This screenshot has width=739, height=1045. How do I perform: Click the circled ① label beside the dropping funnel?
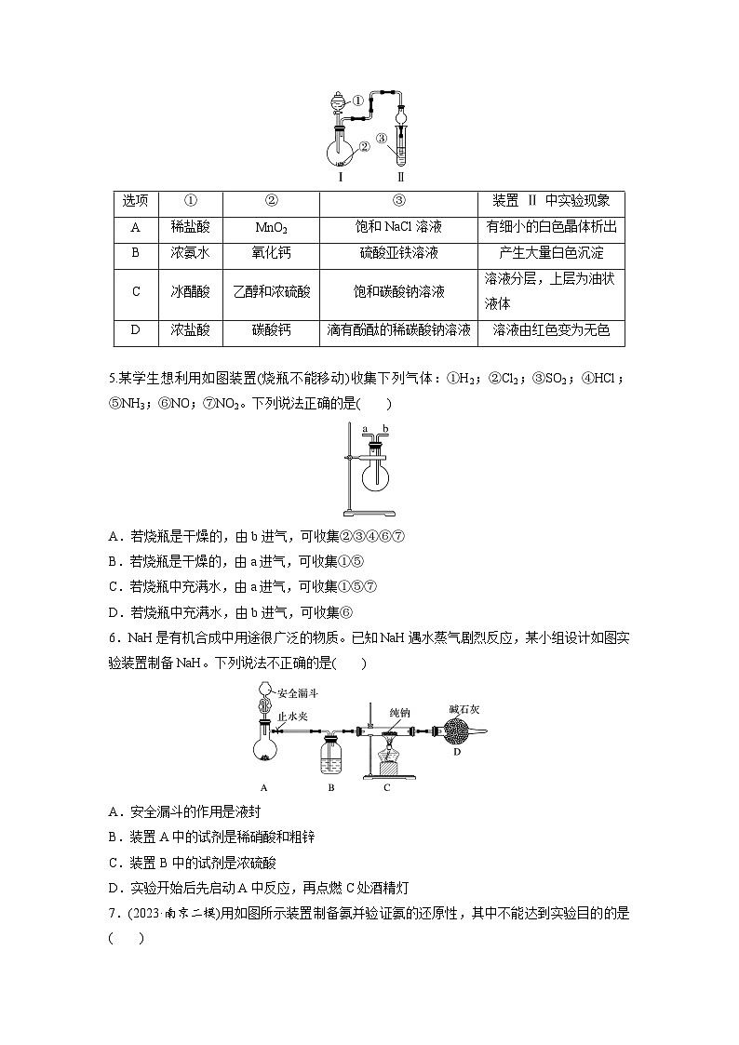(x=358, y=100)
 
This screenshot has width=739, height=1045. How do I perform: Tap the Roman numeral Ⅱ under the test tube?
(x=401, y=175)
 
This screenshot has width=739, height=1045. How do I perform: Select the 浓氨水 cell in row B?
(x=190, y=252)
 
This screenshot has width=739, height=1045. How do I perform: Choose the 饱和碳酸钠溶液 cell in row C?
(x=398, y=291)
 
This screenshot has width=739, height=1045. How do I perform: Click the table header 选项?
(x=136, y=200)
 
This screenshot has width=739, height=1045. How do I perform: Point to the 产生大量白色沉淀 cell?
(x=550, y=252)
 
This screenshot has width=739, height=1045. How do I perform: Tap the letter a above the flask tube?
(x=366, y=429)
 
